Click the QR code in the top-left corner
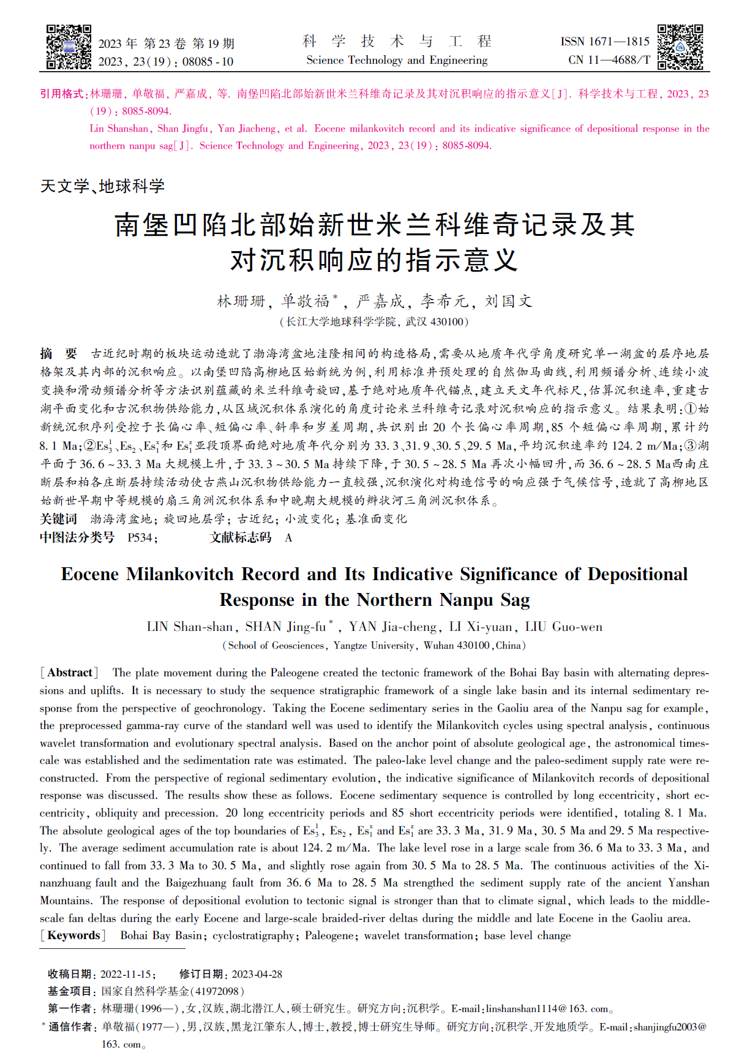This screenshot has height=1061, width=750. (69, 47)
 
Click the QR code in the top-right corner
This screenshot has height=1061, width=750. (680, 47)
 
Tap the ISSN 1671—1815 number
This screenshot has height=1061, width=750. (604, 42)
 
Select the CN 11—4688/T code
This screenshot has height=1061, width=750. (609, 60)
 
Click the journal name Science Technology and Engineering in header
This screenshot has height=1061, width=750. (397, 60)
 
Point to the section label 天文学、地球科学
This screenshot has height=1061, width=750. (102, 186)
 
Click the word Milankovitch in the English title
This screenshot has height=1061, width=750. (180, 574)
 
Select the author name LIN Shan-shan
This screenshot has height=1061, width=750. (189, 627)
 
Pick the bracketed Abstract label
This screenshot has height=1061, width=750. (69, 673)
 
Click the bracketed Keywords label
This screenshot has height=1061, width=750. (73, 935)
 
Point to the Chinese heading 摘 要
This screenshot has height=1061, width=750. (59, 353)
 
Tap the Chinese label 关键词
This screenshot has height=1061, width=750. (59, 519)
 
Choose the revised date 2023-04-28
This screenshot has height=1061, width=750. (257, 974)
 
